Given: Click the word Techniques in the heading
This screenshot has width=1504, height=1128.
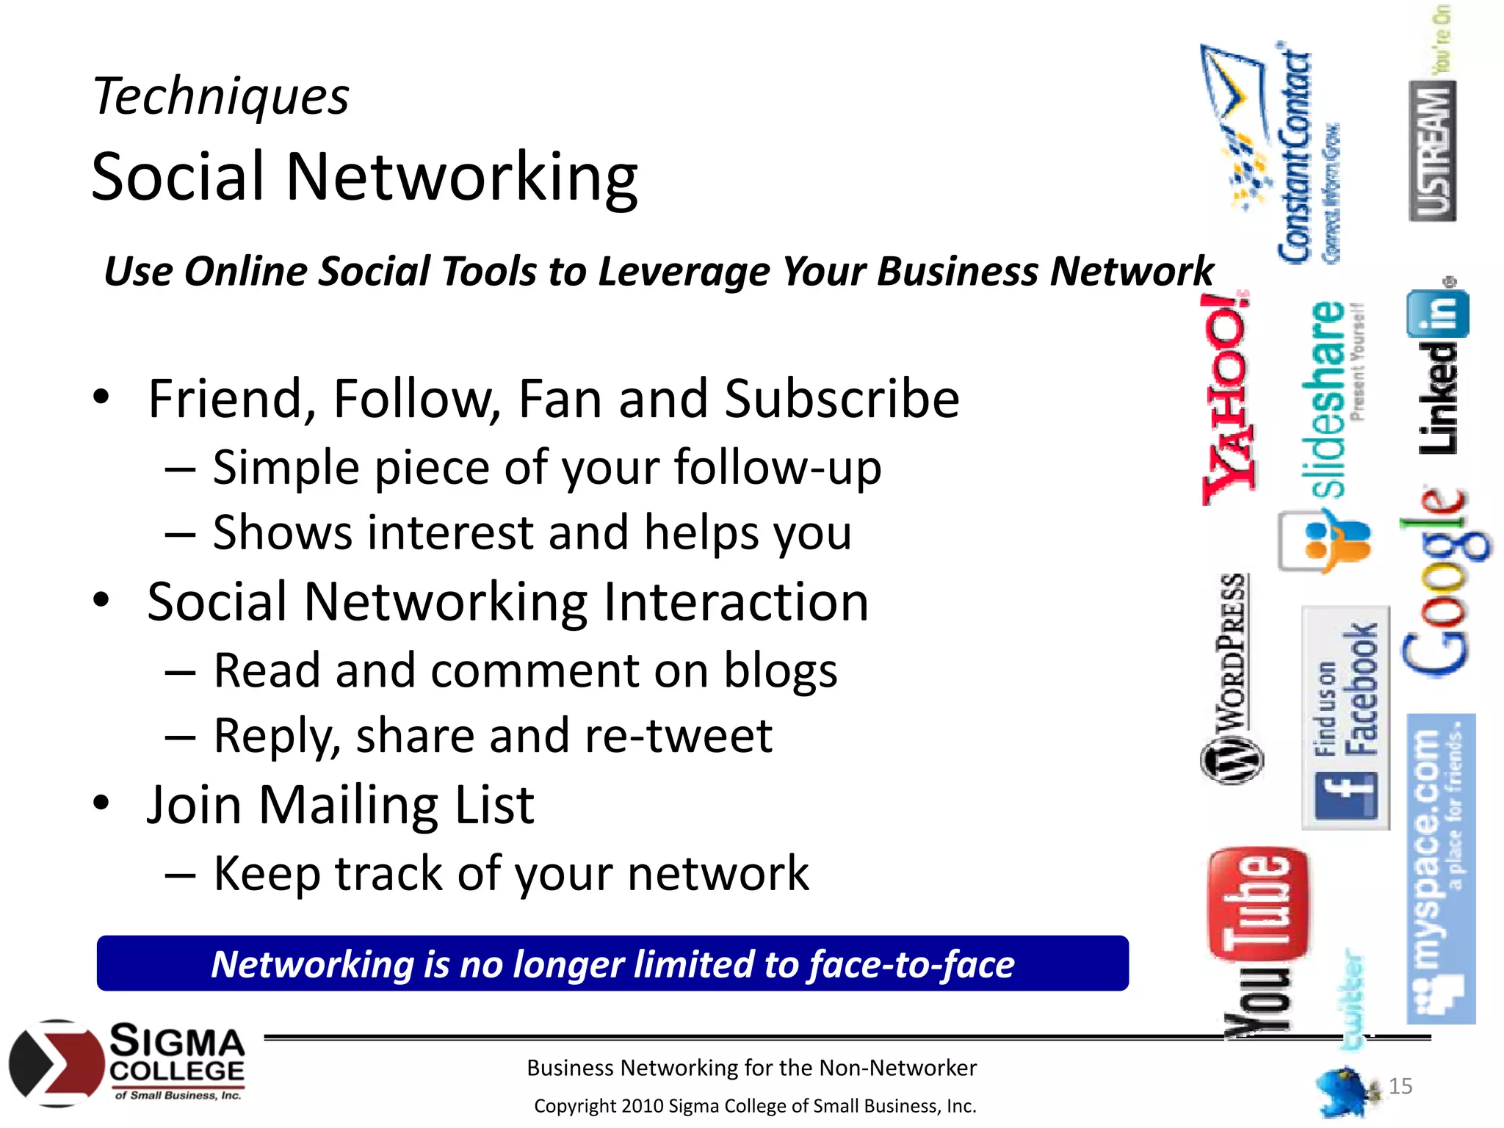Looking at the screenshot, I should (x=220, y=97).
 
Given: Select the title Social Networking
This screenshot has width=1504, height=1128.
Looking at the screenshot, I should (x=364, y=177).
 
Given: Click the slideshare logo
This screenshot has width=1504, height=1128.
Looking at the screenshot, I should (x=1331, y=400).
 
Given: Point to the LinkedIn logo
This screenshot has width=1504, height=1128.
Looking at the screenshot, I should (x=1439, y=371).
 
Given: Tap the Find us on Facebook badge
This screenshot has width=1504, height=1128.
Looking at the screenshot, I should (x=1345, y=718).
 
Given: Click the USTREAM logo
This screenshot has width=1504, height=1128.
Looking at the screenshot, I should (x=1433, y=151).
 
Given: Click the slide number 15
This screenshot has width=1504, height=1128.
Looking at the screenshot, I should (x=1400, y=1085).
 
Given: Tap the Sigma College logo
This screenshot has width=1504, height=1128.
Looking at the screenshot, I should (x=128, y=1063).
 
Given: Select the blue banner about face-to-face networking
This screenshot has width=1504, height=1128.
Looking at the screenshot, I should (x=612, y=963).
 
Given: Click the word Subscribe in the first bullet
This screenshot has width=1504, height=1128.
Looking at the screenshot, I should (x=842, y=399).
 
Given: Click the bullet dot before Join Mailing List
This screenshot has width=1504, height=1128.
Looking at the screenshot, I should (x=101, y=803).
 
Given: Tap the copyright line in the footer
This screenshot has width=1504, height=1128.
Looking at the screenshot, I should (x=755, y=1106).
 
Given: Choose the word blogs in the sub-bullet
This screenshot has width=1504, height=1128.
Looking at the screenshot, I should (x=781, y=670).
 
